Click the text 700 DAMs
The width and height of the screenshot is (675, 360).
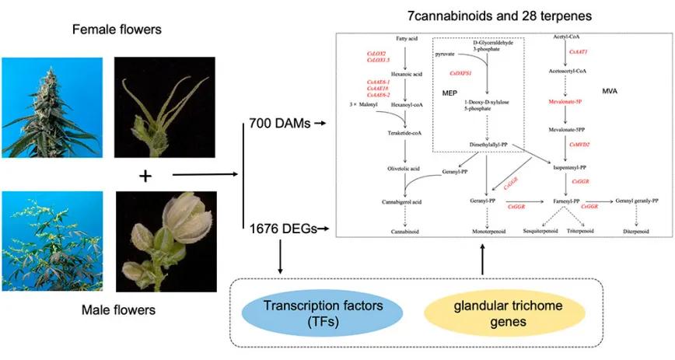pos(277,123)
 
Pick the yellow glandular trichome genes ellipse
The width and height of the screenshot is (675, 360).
pos(482,312)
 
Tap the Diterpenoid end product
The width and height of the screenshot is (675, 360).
pos(639,232)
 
